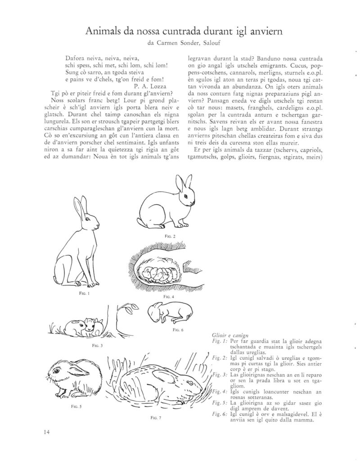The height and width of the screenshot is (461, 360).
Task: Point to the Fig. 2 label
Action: pyautogui.click(x=171, y=236)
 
